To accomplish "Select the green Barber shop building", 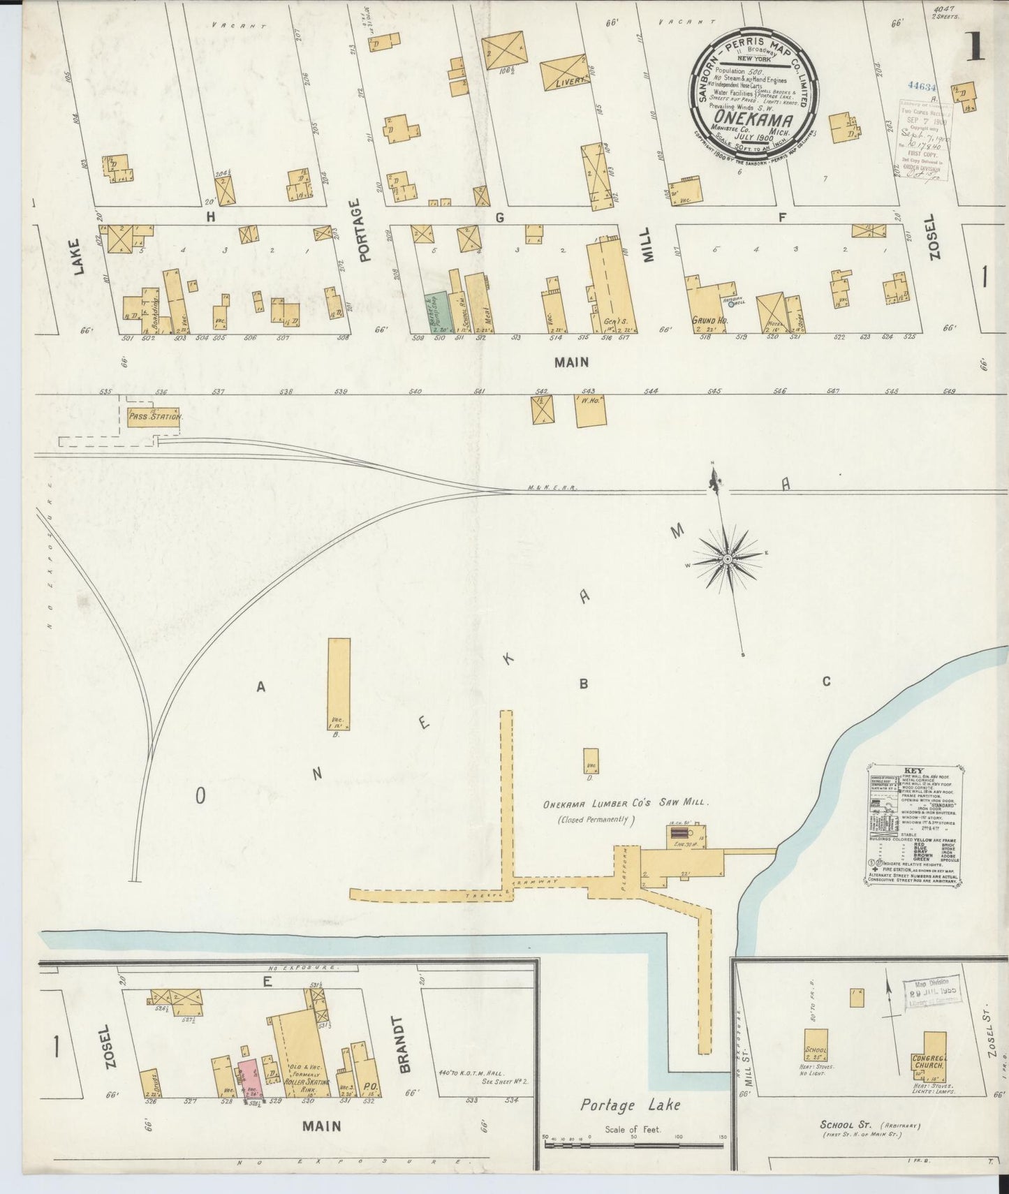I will tap(437, 311).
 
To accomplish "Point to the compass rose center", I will tap(727, 559).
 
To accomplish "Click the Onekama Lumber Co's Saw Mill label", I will tap(626, 804).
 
